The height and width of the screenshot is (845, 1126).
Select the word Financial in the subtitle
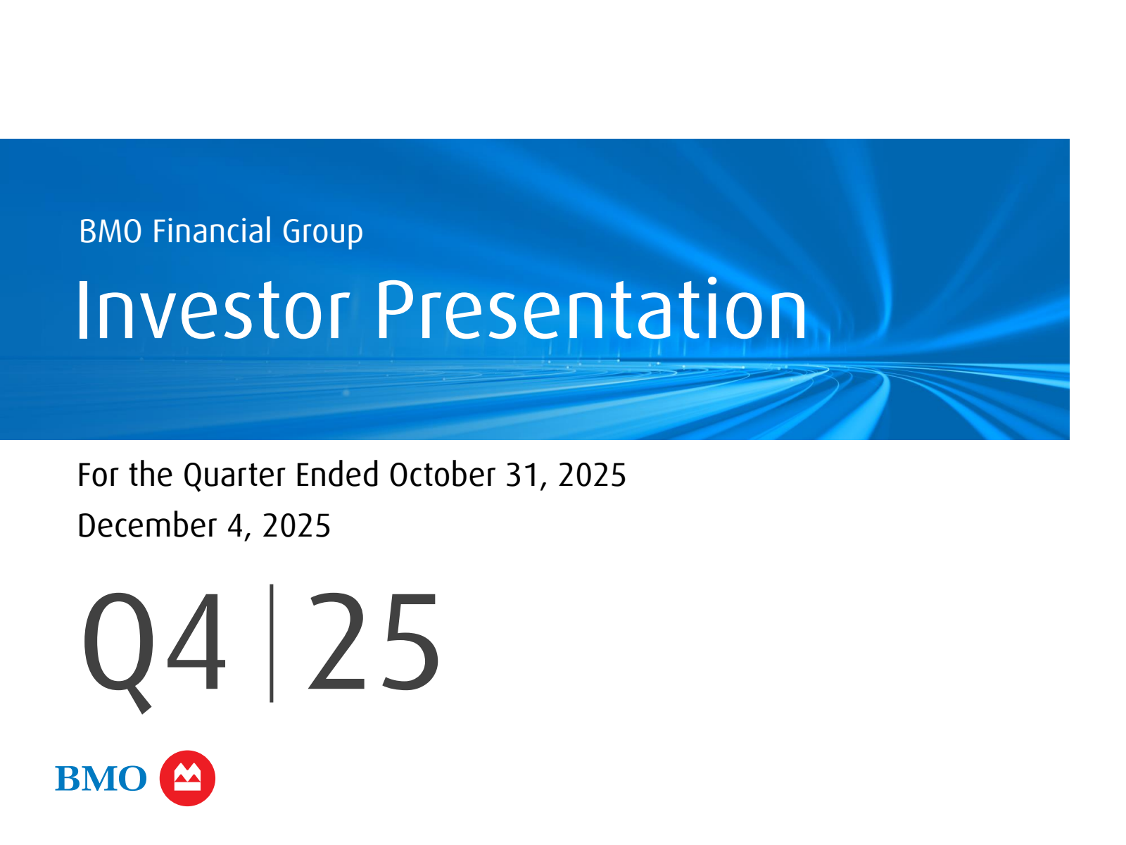(x=212, y=231)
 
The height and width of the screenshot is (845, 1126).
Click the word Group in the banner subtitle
(x=322, y=232)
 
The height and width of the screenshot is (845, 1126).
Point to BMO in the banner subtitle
(x=110, y=232)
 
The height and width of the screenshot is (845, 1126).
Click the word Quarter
(x=234, y=475)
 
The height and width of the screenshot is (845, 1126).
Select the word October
(x=442, y=474)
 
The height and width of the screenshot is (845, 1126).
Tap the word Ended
(x=337, y=474)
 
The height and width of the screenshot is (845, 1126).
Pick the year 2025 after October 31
(x=592, y=475)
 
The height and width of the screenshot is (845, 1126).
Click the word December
(x=147, y=525)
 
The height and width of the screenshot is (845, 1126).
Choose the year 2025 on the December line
(x=296, y=526)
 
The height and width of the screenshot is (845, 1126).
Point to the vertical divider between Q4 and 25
(x=272, y=643)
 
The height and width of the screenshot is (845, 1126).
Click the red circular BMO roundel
(x=187, y=778)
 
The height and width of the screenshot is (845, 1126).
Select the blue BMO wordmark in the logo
(x=101, y=778)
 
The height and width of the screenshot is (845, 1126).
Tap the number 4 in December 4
(x=236, y=526)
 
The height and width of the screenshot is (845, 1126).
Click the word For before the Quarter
(x=98, y=475)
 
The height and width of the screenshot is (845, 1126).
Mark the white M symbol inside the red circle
(x=187, y=777)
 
